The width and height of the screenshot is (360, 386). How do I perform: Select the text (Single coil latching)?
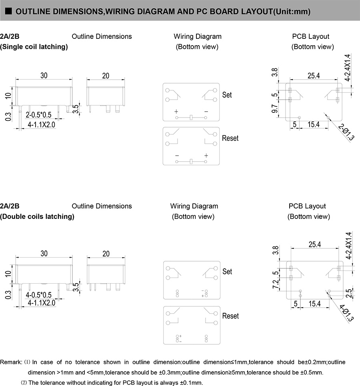[34, 47]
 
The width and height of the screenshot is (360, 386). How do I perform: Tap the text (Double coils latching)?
[37, 217]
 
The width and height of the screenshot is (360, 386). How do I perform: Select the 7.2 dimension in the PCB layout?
[275, 285]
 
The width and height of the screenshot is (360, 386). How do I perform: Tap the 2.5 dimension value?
[350, 293]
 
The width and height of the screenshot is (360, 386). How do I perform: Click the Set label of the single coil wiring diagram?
[227, 95]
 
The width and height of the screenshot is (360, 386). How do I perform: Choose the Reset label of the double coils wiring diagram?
[230, 316]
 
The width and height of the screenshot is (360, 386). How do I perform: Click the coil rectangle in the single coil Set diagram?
[192, 118]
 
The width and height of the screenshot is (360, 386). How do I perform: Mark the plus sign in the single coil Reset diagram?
[206, 155]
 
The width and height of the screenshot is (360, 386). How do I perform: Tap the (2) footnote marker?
[24, 383]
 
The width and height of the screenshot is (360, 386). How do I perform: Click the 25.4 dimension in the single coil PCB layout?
[314, 75]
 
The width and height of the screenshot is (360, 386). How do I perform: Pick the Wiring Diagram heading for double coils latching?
[194, 206]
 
